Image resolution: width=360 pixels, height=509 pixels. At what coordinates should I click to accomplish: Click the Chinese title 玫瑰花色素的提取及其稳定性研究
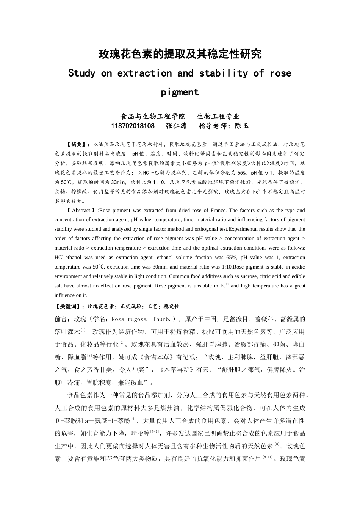click(x=180, y=54)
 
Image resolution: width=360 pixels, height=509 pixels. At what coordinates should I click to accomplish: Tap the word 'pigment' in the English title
click(x=180, y=92)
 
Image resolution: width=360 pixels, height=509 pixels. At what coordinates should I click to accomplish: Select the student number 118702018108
click(x=133, y=126)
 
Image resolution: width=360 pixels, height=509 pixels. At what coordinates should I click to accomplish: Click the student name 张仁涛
click(x=177, y=126)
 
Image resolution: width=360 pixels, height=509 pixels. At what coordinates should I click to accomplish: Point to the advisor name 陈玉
click(x=242, y=126)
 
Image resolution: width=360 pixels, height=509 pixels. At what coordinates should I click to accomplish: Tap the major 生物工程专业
click(x=218, y=116)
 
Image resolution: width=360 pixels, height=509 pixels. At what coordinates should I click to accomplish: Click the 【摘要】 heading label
click(x=76, y=144)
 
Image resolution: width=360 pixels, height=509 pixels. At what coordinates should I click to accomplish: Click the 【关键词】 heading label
click(x=67, y=306)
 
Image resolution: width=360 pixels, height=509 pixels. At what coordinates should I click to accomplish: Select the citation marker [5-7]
click(x=155, y=431)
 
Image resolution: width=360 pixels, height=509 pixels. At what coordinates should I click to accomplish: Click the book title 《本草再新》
click(x=178, y=370)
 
